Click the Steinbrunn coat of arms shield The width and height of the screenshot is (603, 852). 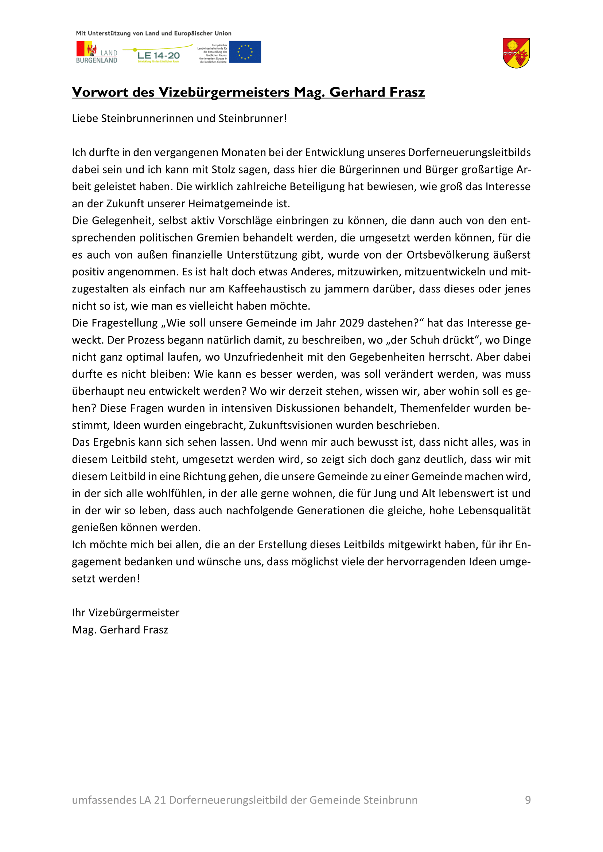point(516,53)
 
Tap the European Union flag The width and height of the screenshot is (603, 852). point(245,52)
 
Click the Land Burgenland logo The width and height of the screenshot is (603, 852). point(97,52)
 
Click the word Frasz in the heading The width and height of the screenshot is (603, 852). point(407,92)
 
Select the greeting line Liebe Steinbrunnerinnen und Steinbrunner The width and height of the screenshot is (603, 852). point(179,118)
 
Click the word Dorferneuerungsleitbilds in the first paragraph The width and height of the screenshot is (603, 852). point(469,153)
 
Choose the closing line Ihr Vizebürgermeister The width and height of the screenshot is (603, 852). point(125,613)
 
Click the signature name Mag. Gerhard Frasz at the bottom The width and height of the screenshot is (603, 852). point(120,630)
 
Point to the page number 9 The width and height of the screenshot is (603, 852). point(528,800)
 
